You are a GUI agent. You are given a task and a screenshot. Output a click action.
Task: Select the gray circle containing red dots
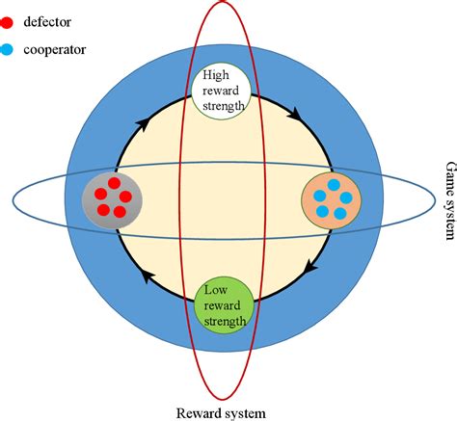click(114, 199)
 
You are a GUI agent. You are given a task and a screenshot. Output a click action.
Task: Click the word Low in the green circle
click(223, 290)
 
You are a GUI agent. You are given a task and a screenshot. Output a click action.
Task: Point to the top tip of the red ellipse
click(224, 2)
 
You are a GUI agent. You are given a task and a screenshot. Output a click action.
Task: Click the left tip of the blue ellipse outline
click(13, 200)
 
